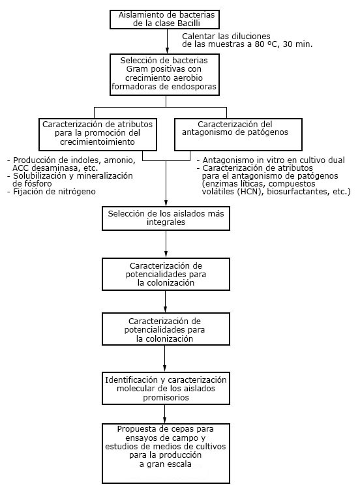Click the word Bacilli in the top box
tap(188, 23)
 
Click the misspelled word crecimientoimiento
tap(97, 142)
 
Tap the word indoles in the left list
tap(87, 160)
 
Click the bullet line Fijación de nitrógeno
tap(52, 192)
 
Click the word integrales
tap(166, 222)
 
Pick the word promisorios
tap(166, 398)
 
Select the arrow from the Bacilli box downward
tap(167, 41)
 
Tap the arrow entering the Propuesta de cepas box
tap(165, 413)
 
